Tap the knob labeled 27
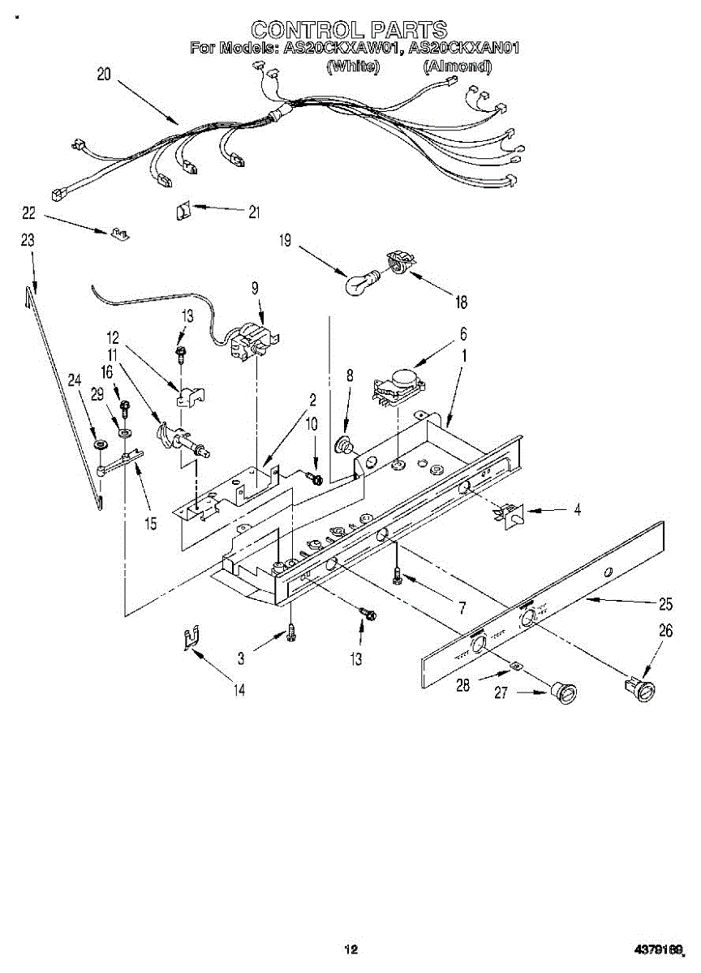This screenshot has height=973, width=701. click(x=561, y=694)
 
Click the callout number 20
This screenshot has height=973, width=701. click(x=104, y=75)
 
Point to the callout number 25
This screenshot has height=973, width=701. click(x=665, y=603)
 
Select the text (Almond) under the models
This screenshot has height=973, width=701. click(x=457, y=66)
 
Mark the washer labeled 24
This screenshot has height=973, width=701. click(x=100, y=446)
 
